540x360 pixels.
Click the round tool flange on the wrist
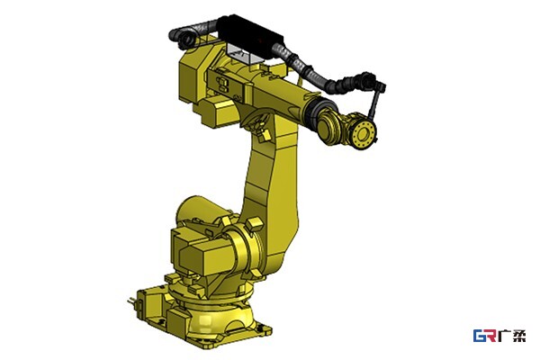click(364, 134)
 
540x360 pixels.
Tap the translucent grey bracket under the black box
click(245, 54)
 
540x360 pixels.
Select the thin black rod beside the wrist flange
click(374, 103)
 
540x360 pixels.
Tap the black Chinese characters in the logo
click(512, 336)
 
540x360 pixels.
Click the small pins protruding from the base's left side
click(131, 302)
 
